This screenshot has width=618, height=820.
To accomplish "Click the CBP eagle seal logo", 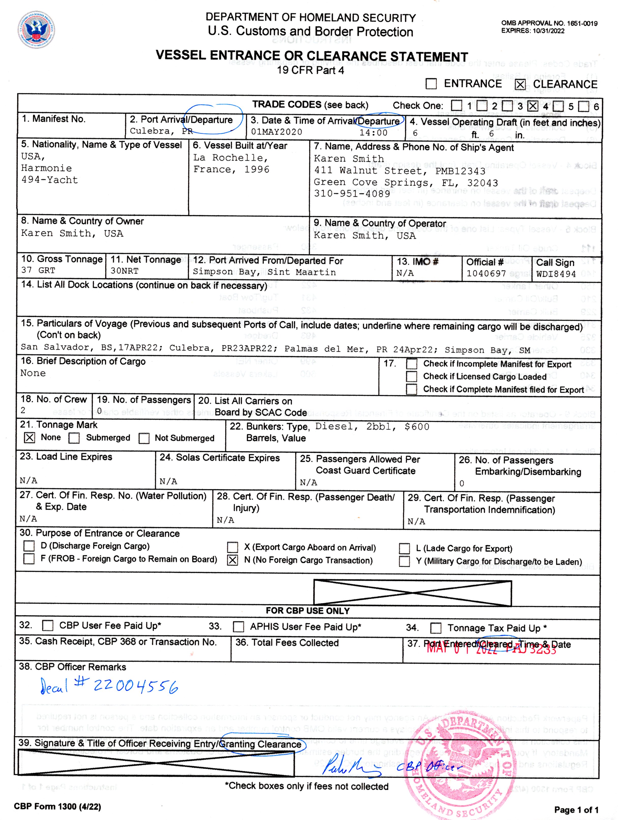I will click(36, 30).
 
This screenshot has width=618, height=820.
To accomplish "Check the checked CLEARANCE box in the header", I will click(520, 84).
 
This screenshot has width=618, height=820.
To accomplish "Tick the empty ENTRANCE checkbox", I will click(431, 84).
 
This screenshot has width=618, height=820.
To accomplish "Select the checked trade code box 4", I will click(533, 106).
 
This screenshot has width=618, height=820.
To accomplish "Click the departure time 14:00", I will click(373, 133).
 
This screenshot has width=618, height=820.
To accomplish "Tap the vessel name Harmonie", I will click(46, 168).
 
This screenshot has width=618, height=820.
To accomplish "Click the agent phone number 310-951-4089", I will click(352, 193).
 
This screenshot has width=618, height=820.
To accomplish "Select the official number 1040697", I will click(486, 274).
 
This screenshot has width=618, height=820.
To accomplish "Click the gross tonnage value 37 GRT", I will click(38, 270).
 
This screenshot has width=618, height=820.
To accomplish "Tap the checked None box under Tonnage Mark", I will click(30, 438).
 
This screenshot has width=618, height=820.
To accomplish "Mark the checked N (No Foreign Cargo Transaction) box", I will click(232, 560).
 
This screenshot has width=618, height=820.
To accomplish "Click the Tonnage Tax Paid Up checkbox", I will click(436, 628).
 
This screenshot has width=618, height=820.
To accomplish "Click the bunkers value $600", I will click(417, 427).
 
